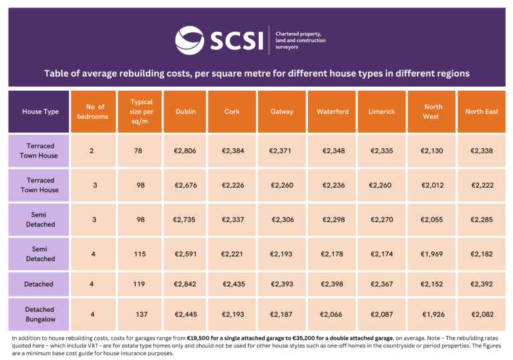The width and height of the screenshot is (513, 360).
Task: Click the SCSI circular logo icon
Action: point(190,40)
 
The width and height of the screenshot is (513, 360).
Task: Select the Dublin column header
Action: point(186,112)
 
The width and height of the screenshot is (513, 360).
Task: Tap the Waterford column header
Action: point(332,112)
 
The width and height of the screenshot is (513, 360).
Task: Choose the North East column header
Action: point(482,112)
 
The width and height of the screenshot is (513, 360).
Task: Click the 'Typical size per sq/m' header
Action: point(142,112)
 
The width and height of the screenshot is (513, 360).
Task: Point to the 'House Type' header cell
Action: point(41,112)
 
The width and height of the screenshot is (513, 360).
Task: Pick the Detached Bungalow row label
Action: point(39,315)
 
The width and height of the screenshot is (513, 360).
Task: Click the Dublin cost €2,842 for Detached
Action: point(185,285)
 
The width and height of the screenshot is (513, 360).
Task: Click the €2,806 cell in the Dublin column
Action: point(185,151)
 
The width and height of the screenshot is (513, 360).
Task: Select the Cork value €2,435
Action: point(231,285)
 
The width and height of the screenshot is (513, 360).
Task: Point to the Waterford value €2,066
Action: point(332,315)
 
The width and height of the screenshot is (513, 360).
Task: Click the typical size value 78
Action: point(138,151)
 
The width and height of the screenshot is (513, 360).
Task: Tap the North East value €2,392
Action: point(482,285)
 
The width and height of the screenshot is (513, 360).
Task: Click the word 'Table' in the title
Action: point(57,73)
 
